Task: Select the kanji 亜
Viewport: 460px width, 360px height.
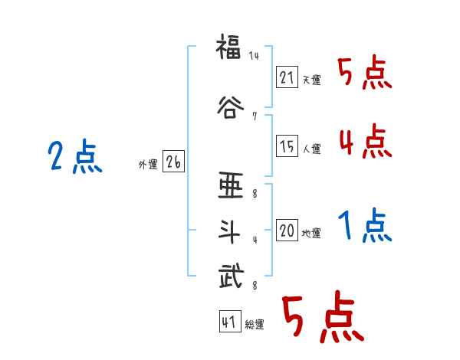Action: click(x=230, y=186)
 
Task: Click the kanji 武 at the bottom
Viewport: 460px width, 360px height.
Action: click(x=230, y=276)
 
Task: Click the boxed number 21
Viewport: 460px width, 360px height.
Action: click(x=287, y=77)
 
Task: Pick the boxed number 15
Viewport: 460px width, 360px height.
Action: click(x=287, y=146)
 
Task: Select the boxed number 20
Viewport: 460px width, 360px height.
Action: click(x=287, y=231)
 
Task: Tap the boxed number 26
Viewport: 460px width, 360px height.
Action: click(x=173, y=162)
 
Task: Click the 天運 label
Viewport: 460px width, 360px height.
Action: click(x=311, y=80)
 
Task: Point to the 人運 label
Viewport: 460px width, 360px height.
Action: click(x=311, y=149)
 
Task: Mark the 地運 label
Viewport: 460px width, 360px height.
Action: click(x=311, y=233)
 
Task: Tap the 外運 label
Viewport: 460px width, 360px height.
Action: click(x=148, y=165)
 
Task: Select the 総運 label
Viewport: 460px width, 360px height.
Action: click(x=255, y=325)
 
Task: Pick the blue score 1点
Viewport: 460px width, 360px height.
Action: click(x=365, y=225)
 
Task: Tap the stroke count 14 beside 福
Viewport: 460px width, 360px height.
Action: click(x=254, y=56)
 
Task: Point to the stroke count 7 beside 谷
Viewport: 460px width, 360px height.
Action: click(x=253, y=116)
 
